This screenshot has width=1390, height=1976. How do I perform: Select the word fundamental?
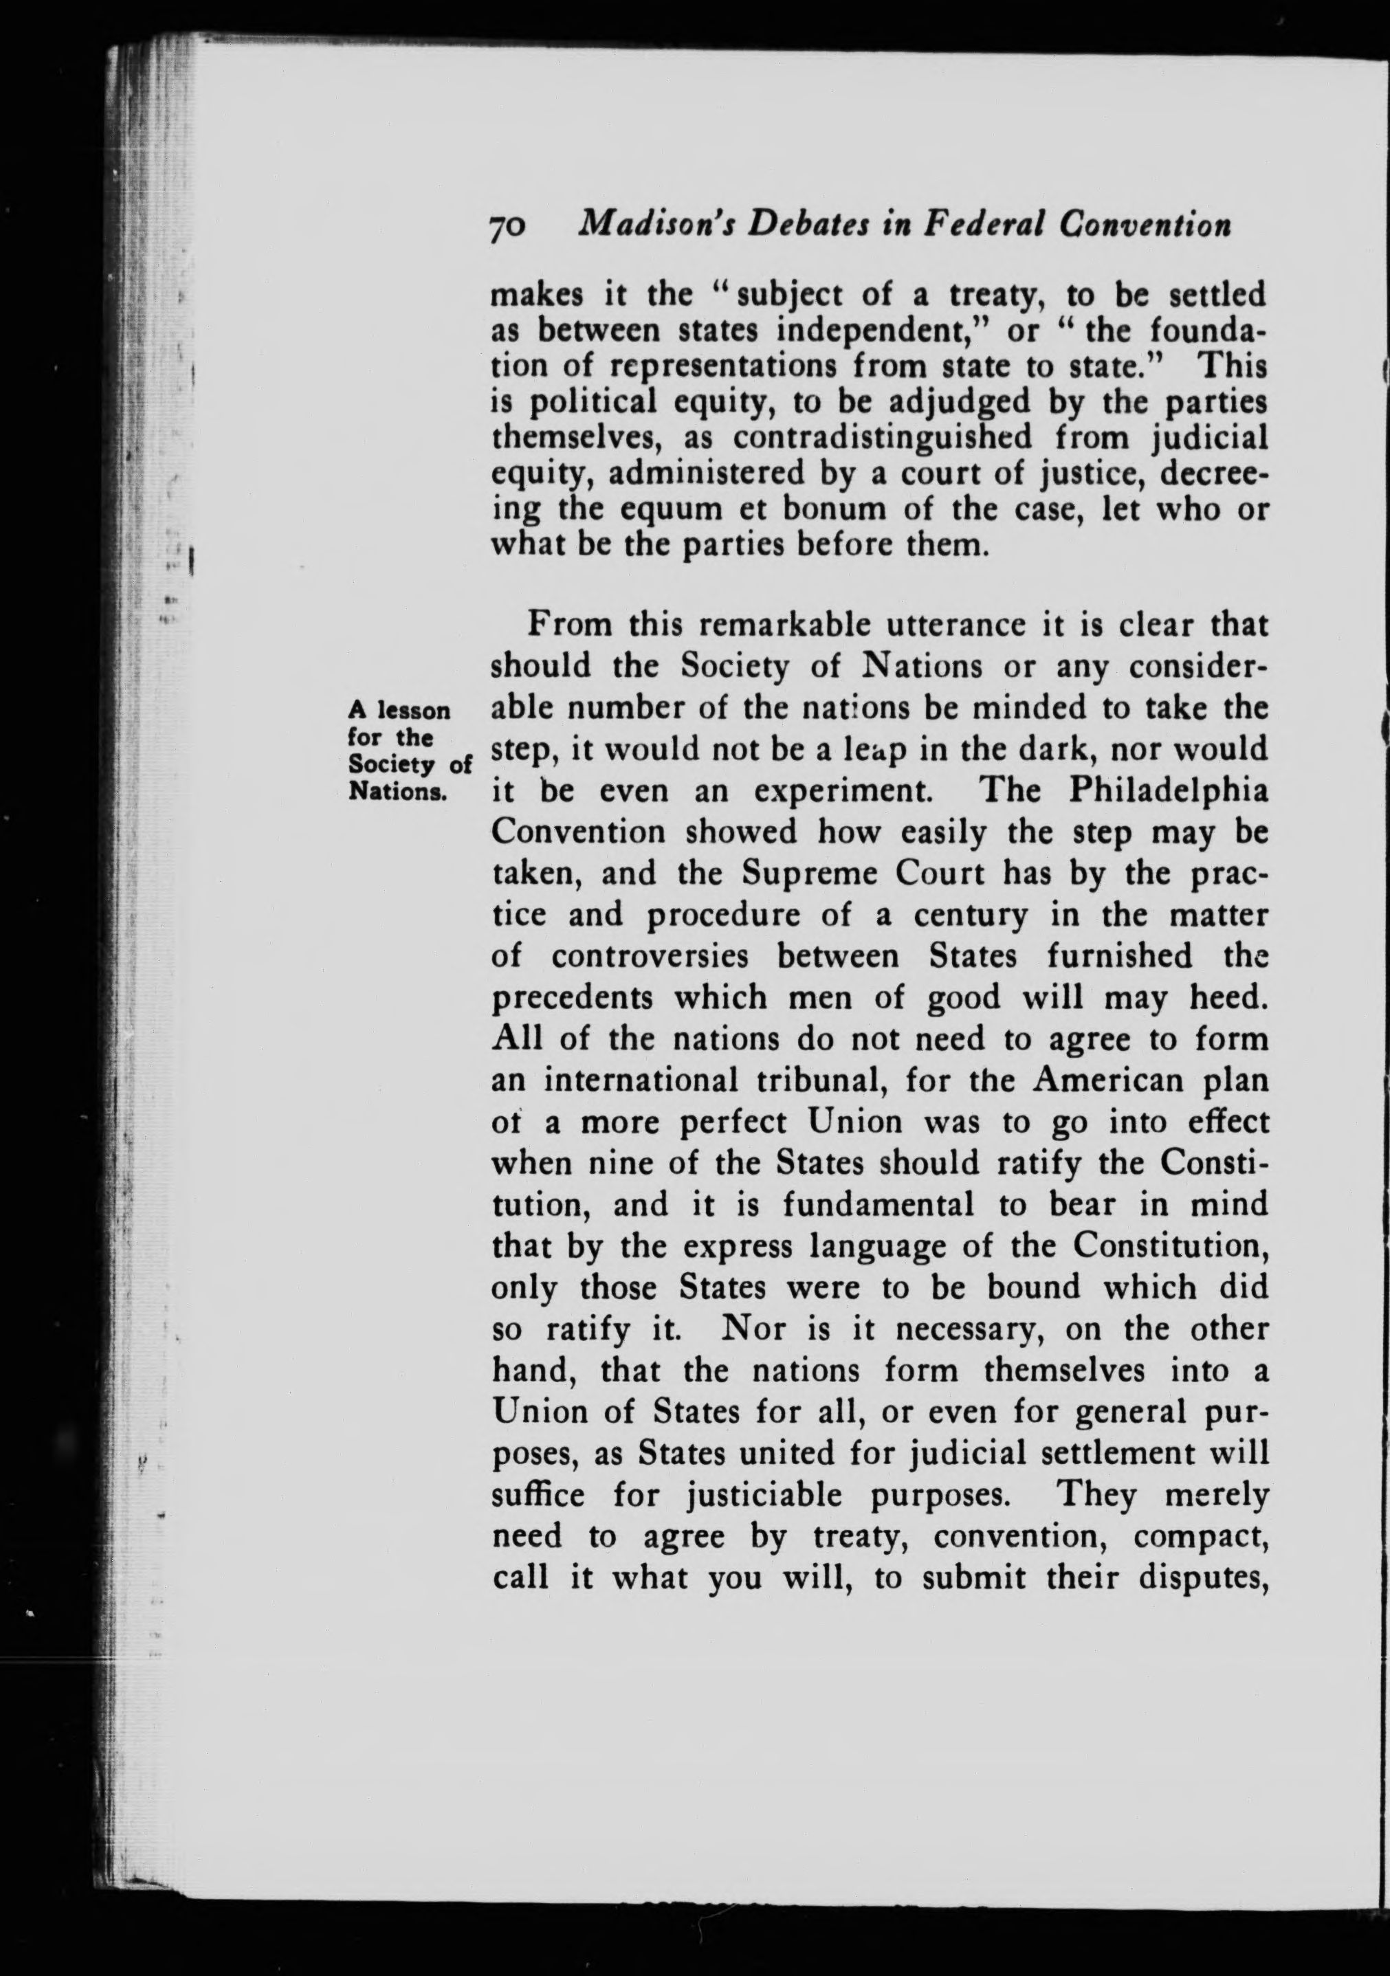(x=878, y=1204)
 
